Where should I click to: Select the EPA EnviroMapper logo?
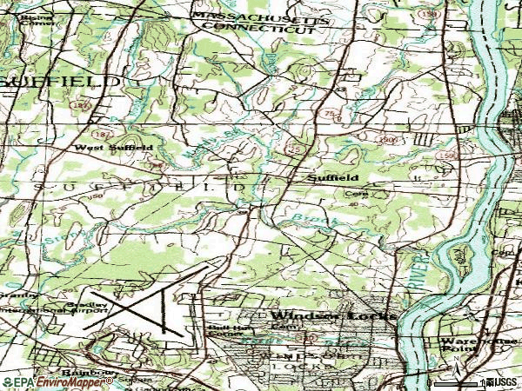coord(43,382)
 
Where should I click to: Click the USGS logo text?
coord(503,382)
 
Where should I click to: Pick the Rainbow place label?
coord(90,373)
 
